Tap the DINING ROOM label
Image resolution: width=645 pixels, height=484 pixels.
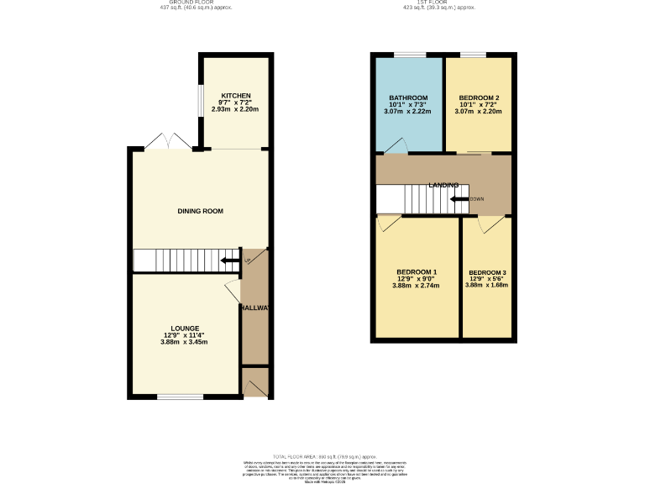(x=200, y=211)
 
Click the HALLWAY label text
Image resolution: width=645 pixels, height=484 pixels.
(x=254, y=308)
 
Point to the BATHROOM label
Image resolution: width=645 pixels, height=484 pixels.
(x=408, y=97)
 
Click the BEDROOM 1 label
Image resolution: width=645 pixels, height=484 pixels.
(x=417, y=271)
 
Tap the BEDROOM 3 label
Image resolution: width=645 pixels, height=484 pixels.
(x=487, y=273)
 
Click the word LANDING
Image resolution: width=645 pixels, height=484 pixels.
(x=443, y=185)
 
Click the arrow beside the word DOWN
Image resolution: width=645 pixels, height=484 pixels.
(x=459, y=199)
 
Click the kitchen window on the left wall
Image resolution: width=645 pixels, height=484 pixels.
(x=199, y=101)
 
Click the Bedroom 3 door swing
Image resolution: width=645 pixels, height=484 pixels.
(x=490, y=224)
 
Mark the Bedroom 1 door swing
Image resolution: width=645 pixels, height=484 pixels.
(x=388, y=223)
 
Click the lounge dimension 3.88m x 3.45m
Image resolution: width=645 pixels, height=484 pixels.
(x=184, y=342)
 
